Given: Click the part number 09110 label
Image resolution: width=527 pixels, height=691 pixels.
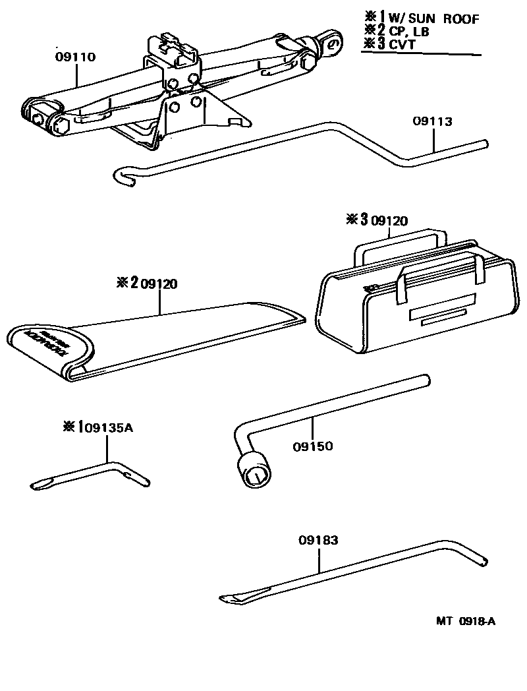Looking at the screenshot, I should pos(74,57).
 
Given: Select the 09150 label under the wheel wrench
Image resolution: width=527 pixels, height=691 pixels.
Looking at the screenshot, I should pos(313,446).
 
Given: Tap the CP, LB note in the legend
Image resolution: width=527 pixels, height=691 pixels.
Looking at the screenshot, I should pos(412,32).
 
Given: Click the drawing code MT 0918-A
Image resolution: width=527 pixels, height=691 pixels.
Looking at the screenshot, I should pos(465,621).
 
